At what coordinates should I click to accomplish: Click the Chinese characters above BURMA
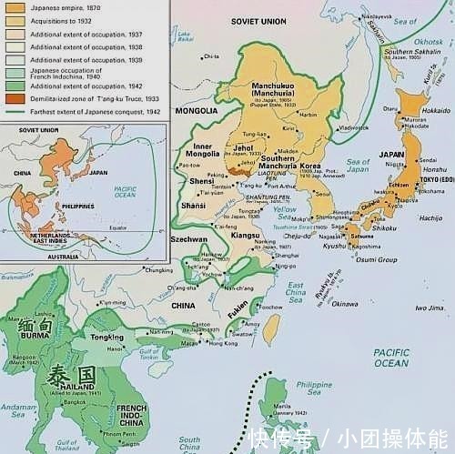point(29,323)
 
